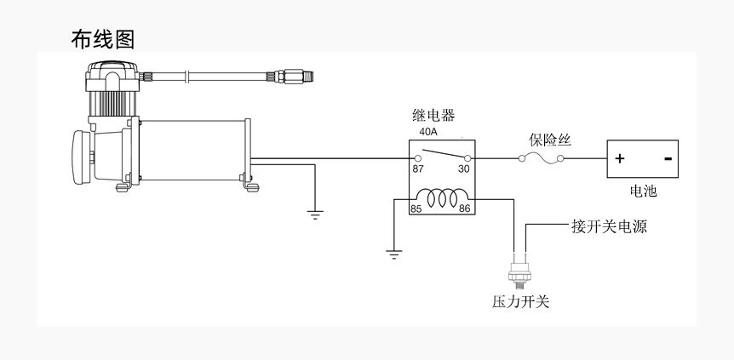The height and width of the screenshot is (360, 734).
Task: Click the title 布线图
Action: coord(103,39)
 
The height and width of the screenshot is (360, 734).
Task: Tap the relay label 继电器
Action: coord(433,115)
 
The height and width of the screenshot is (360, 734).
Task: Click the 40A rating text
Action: coord(427,132)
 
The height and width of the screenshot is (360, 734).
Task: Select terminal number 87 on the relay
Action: coord(418,169)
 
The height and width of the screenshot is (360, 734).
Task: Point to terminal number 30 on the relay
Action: coord(463,169)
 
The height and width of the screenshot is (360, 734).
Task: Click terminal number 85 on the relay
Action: coord(416,209)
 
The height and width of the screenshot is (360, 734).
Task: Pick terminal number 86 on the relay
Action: coord(464,209)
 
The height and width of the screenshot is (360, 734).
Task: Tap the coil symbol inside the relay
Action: coord(443,197)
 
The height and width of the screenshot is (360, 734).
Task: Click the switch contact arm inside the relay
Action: coord(444,154)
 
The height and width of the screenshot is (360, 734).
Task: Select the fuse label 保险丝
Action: coord(550,140)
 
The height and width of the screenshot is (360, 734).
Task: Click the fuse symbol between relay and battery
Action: coord(542,159)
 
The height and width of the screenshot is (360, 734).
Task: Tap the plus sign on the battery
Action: coord(620,158)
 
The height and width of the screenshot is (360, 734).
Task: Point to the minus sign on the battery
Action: coord(668,158)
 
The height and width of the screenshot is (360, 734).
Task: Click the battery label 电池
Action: coord(643,191)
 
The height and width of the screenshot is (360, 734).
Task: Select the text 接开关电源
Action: coord(609,226)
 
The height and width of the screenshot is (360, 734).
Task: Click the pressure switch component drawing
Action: coord(519,271)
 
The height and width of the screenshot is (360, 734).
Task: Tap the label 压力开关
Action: coord(520,301)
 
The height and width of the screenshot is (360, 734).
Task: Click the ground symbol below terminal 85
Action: coord(394,254)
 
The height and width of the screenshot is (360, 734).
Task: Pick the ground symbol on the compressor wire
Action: coord(315,215)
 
